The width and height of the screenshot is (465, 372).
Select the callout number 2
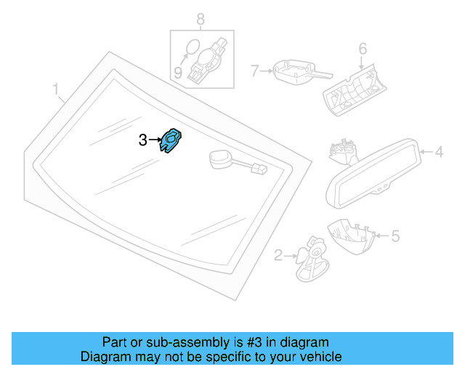pos(278,254)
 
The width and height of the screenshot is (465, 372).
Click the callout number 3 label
pos(143,139)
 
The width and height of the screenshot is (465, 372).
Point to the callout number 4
pos(439,153)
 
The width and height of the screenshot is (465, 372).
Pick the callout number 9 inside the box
pos(177,72)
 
